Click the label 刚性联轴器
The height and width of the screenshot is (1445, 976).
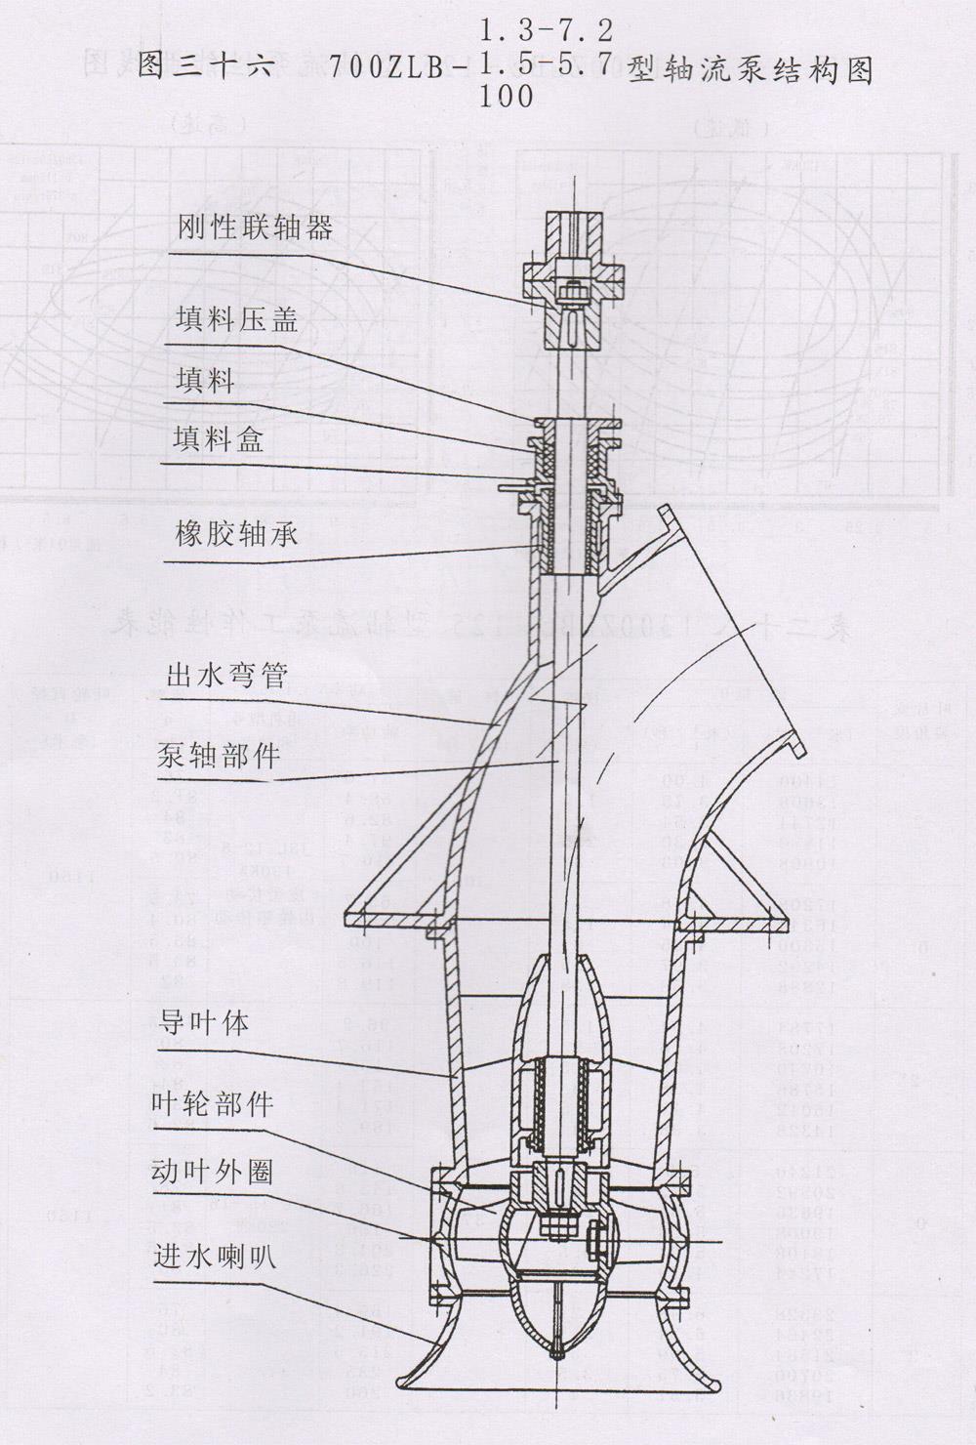(x=256, y=228)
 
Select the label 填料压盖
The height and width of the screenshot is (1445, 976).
(x=237, y=321)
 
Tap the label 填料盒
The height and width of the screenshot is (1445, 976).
(x=219, y=440)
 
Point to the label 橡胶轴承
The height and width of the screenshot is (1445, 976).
(x=237, y=535)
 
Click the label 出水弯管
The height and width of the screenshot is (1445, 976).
(x=227, y=676)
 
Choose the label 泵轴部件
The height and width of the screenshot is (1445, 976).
(x=219, y=755)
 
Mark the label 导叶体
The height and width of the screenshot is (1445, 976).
(x=203, y=1023)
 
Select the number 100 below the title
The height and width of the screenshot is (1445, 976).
(x=507, y=98)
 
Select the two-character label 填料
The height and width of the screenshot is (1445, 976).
(x=205, y=381)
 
